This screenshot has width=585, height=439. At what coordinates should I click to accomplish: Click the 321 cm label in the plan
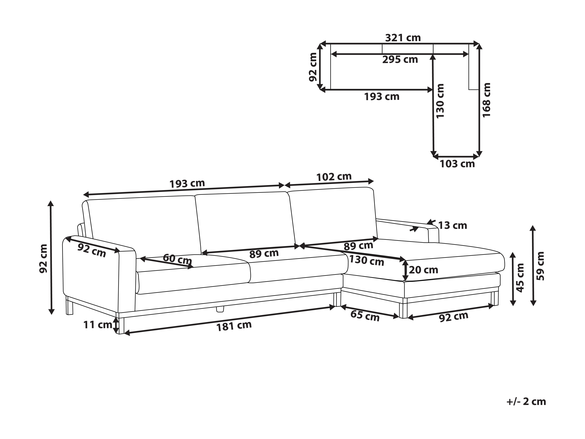coord(403,38)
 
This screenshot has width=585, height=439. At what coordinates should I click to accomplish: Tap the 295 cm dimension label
coord(400,60)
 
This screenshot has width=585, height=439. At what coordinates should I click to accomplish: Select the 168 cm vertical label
coord(487,100)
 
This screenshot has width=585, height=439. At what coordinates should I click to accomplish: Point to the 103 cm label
coord(457,164)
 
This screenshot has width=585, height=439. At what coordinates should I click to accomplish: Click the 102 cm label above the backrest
coord(334,177)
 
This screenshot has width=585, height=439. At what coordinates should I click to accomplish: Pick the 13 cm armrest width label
coord(453,225)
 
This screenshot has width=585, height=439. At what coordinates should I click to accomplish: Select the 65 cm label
coord(365,316)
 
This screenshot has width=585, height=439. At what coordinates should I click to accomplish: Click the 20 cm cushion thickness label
coord(423,270)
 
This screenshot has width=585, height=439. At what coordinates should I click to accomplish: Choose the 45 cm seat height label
coord(520,278)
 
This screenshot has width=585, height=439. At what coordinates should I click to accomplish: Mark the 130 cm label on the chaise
coord(367,260)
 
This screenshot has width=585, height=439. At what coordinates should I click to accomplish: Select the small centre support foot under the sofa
coord(220,309)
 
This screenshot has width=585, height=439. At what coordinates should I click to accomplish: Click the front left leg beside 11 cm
coord(121,325)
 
